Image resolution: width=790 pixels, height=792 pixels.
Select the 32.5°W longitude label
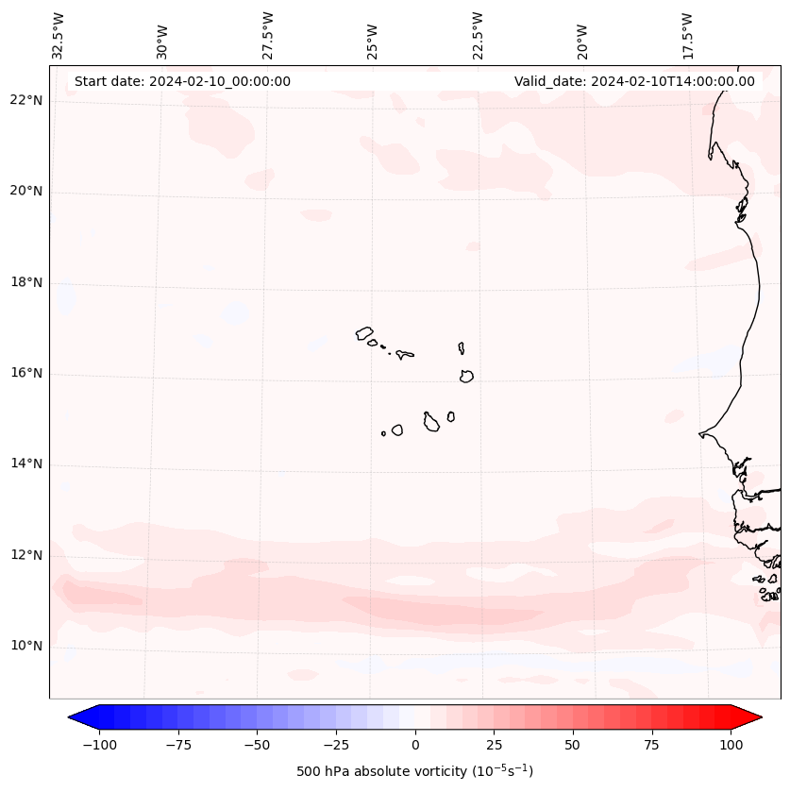[59, 36]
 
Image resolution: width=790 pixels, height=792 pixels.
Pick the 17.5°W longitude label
[687, 36]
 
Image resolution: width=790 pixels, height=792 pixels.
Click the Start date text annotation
[182, 81]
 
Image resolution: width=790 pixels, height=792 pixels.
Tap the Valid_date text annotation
[634, 81]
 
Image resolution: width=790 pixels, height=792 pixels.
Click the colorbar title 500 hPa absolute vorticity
[414, 771]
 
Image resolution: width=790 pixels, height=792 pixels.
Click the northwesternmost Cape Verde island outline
[364, 332]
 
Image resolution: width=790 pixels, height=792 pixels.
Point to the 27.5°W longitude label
[268, 36]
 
